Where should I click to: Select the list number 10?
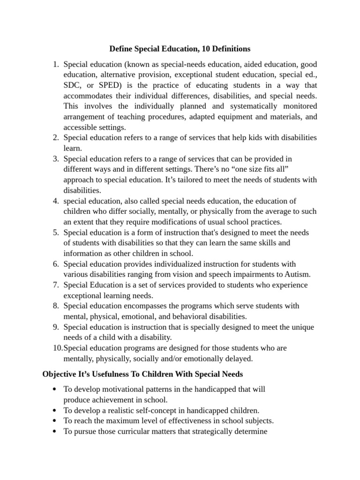pos(56,348)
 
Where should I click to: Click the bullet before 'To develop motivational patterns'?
pos(56,390)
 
